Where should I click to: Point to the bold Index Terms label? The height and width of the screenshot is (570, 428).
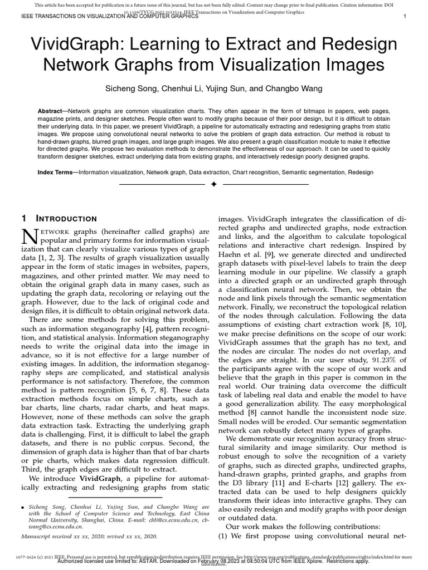point(57,173)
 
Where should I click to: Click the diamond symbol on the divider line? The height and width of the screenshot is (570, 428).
point(213,184)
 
